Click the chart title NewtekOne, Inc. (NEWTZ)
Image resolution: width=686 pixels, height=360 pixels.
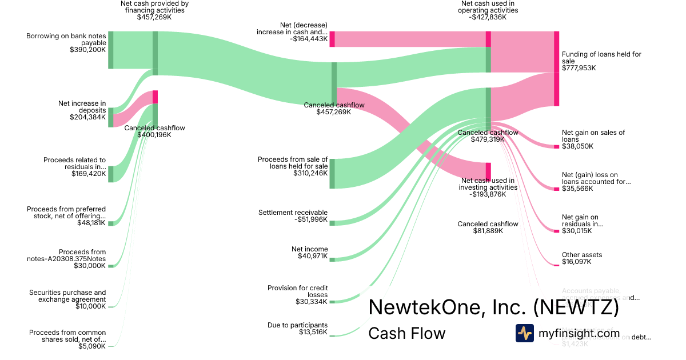tap(493, 307)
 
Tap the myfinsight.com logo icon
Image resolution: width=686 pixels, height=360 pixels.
tap(524, 333)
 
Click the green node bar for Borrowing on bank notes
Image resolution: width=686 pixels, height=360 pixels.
tap(111, 50)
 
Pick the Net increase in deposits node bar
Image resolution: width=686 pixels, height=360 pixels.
tap(111, 117)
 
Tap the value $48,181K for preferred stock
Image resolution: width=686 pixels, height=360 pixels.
tap(91, 223)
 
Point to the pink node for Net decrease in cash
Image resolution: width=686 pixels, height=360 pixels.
tap(332, 39)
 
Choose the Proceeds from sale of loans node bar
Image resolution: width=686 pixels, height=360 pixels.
tap(332, 174)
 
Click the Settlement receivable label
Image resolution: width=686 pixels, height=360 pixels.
tap(293, 213)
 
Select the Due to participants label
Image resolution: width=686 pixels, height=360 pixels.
tap(297, 325)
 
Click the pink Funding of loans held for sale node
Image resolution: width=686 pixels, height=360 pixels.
tap(556, 69)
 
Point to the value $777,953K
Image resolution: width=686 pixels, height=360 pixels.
tap(579, 68)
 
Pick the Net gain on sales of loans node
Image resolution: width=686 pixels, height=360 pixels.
tap(556, 147)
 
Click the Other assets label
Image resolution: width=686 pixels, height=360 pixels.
tap(582, 255)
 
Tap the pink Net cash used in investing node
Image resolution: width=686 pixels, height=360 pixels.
tap(488, 171)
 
